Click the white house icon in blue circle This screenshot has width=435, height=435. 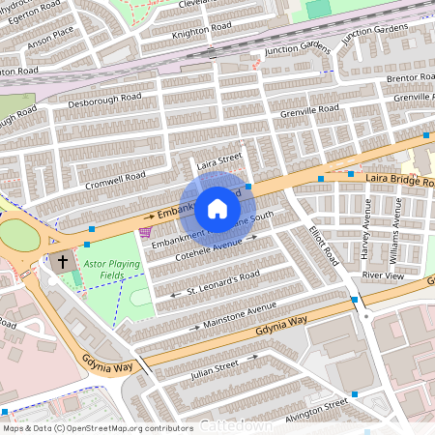tap(217, 208)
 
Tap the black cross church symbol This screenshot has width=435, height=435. tap(64, 261)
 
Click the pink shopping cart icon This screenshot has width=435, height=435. tap(145, 232)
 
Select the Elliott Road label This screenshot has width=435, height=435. tap(323, 242)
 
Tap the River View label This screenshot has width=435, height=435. tap(382, 275)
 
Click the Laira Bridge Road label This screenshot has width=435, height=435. tap(397, 180)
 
